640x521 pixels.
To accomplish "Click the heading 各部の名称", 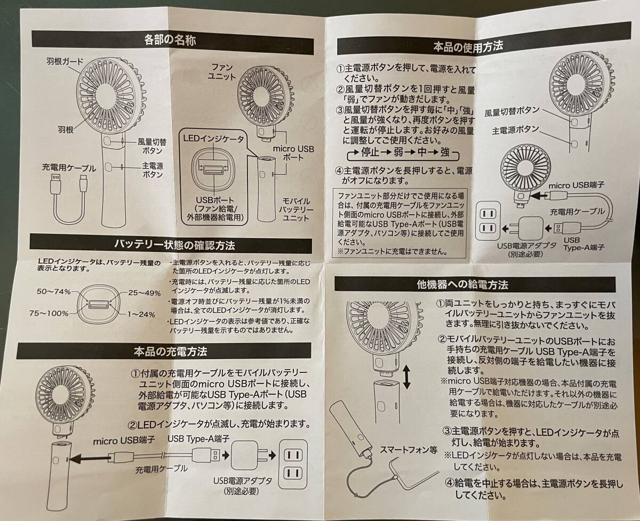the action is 170,39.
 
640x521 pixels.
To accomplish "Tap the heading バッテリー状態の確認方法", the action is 174,245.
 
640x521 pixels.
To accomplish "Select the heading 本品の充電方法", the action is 170,352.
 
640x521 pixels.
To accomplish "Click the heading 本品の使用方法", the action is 468,47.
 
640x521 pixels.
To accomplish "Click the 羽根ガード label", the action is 65,62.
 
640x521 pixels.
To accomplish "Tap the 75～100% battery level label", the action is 49,313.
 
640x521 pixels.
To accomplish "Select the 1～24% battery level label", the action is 141,314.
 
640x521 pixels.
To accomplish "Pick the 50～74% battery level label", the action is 54,291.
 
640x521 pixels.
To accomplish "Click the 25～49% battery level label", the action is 145,293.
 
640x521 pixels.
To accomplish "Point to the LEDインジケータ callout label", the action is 213,139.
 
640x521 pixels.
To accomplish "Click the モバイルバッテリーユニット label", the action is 295,209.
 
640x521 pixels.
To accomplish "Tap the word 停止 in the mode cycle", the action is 370,152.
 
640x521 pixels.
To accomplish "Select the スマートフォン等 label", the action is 409,450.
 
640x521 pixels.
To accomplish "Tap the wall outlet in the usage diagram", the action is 487,221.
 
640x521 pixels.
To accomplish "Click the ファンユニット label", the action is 222,71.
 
